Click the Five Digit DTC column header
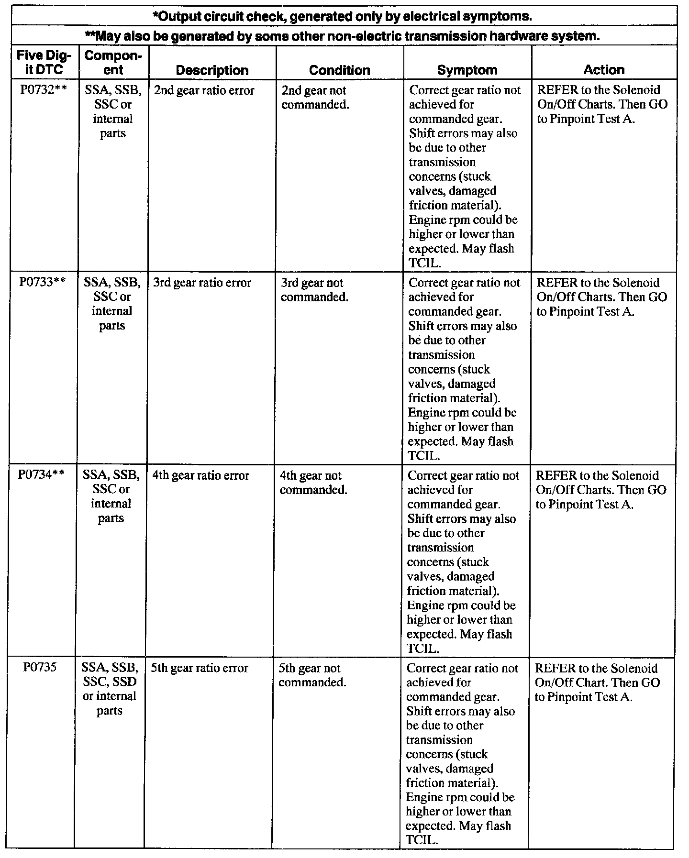44,63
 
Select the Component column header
113,63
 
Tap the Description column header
212,70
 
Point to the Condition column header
340,70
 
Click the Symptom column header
467,70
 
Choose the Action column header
604,70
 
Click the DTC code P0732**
43,90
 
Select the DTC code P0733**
42,283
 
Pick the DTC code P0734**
41,475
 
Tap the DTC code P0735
40,668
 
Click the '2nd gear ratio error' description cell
204,90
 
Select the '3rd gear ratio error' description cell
202,283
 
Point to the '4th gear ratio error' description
200,475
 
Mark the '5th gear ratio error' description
200,668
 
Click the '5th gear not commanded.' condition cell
312,675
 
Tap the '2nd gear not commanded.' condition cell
314,98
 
